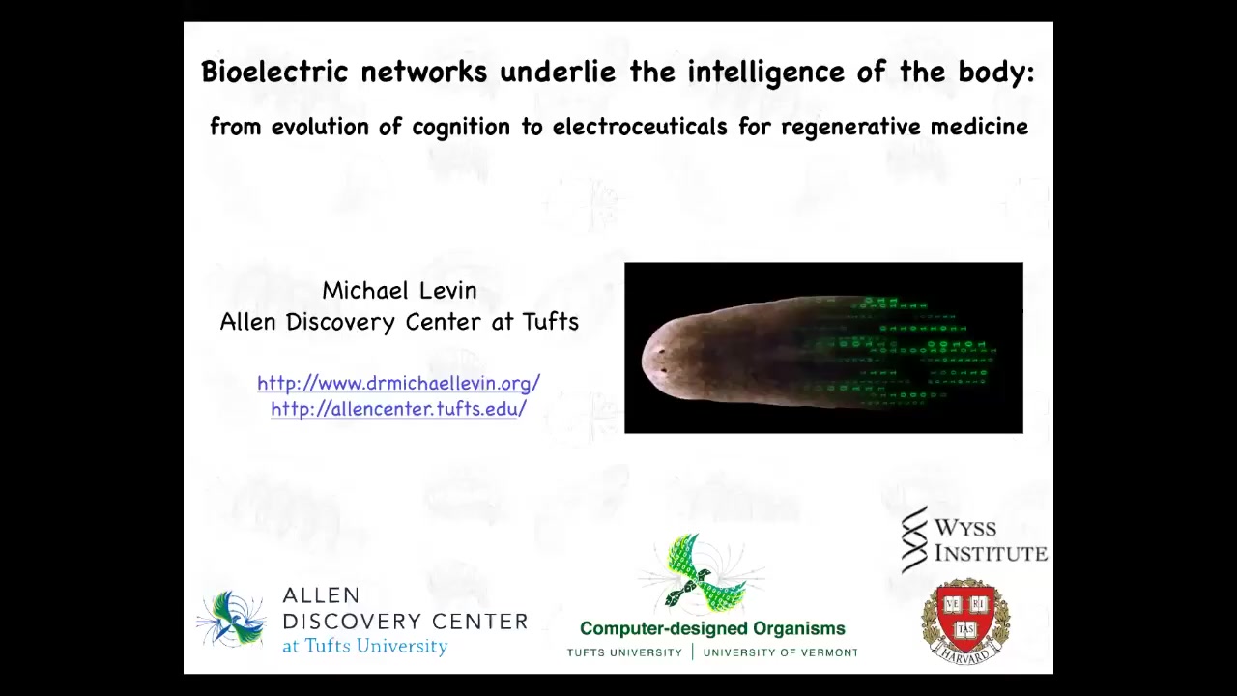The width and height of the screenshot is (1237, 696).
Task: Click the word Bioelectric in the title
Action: click(x=274, y=72)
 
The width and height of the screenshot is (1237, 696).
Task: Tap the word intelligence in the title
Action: click(x=766, y=72)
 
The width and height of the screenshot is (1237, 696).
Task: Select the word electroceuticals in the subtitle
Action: click(x=640, y=127)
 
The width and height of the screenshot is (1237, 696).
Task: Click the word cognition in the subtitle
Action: click(x=461, y=128)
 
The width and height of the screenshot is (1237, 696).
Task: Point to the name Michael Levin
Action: click(x=399, y=291)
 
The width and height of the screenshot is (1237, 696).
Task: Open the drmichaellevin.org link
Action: click(x=399, y=383)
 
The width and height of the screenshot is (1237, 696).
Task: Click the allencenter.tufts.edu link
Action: click(x=399, y=409)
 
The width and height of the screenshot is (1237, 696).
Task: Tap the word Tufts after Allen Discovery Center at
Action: click(x=551, y=322)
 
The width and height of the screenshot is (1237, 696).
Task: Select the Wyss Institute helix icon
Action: click(x=914, y=540)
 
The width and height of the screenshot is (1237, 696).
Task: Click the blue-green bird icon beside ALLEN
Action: click(x=232, y=619)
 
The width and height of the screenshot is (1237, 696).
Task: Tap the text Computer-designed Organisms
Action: click(x=712, y=628)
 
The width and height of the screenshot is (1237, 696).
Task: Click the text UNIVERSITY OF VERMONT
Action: click(x=780, y=652)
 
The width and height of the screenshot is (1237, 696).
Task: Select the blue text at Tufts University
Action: click(x=365, y=646)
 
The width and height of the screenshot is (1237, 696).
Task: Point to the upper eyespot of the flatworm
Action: click(x=661, y=350)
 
